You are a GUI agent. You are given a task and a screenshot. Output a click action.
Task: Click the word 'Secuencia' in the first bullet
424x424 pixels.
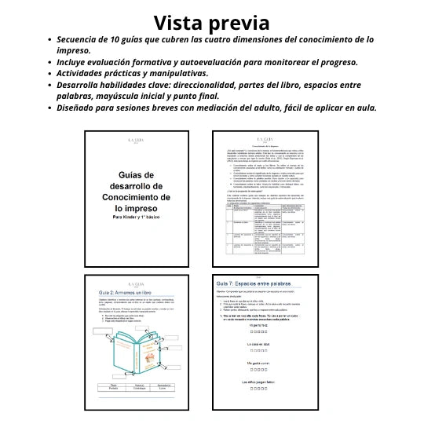[x=83, y=39]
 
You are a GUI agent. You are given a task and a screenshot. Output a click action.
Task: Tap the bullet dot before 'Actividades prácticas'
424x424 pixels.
[x=50, y=74]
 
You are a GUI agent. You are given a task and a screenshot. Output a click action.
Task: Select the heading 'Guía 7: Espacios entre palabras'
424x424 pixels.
[x=254, y=283]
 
